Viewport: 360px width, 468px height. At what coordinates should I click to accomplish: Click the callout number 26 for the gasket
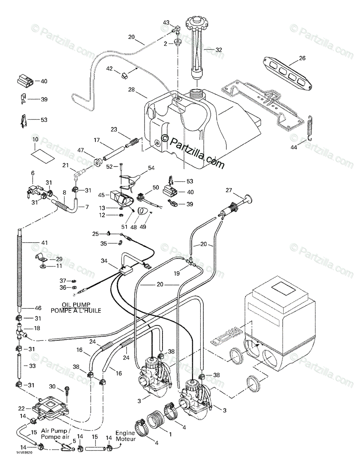pos(302,58)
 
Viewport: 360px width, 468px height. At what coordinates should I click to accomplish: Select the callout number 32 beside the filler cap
pos(219,50)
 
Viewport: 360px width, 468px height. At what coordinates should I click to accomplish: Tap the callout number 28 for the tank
pos(131,90)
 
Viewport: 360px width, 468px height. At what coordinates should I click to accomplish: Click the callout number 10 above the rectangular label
pos(35,139)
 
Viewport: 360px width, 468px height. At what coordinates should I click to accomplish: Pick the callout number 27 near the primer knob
pos(229,190)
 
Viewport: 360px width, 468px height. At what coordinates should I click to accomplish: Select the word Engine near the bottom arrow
pos(125,433)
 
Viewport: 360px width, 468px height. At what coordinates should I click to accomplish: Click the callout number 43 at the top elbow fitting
pos(166,23)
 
